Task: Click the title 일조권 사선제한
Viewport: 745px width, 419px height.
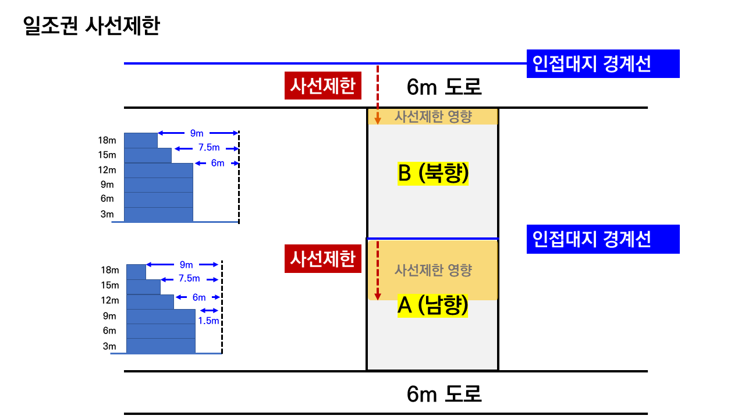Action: click(91, 26)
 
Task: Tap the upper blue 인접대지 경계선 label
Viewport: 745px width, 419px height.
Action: click(603, 63)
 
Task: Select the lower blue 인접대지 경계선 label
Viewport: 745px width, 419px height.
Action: click(603, 239)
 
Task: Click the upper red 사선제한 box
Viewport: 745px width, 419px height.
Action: click(323, 86)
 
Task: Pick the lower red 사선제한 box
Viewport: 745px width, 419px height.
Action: click(323, 259)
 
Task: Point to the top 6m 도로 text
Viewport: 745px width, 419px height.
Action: click(444, 87)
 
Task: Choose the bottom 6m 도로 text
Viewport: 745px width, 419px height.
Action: click(444, 394)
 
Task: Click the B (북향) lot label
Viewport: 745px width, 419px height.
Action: click(433, 173)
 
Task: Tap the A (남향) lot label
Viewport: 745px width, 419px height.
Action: click(432, 306)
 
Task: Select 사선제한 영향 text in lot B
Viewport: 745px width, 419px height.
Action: click(433, 116)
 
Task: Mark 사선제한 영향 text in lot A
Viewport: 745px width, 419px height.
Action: click(433, 270)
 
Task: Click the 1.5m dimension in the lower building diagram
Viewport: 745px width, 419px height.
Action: click(208, 321)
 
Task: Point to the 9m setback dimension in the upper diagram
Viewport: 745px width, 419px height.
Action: click(197, 133)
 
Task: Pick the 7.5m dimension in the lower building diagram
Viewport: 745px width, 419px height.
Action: click(189, 279)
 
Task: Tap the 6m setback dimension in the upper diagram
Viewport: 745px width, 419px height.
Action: click(218, 164)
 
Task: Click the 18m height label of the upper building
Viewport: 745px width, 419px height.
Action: click(107, 140)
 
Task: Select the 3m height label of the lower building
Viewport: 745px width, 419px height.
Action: click(109, 347)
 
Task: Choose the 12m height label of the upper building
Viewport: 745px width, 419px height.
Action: click(107, 171)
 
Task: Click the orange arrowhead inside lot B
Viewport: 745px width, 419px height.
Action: click(378, 120)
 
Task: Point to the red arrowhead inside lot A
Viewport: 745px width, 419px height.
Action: click(378, 296)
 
